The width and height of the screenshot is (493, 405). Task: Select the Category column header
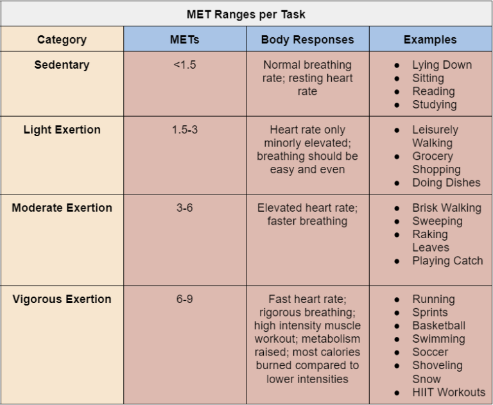point(62,40)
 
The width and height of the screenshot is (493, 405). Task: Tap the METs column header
point(184,40)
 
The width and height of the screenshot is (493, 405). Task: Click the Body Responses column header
point(307,40)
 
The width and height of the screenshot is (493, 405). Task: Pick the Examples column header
point(430,40)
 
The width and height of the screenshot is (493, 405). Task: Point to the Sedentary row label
point(62,65)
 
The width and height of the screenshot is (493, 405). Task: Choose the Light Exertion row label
point(62,130)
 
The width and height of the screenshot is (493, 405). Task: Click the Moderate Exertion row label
point(62,208)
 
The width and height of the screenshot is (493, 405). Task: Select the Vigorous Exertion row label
point(62,299)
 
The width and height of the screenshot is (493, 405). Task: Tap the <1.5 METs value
point(184,65)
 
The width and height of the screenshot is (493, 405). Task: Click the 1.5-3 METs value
point(184,130)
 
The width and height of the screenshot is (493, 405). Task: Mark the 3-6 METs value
point(184,208)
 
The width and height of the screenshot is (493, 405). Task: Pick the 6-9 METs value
point(184,299)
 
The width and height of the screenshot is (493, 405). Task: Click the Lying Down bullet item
point(442,65)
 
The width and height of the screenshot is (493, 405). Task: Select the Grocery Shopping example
point(437,163)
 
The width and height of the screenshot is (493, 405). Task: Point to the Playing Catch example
point(447,261)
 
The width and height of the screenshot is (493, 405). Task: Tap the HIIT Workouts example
point(449,392)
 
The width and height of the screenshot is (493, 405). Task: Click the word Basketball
point(438,325)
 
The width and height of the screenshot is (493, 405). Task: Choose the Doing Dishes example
point(446,182)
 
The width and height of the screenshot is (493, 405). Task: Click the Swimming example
point(438,339)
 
